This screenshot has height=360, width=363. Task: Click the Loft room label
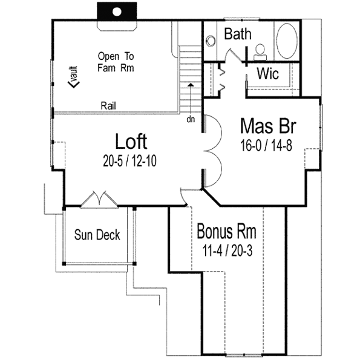point(131,142)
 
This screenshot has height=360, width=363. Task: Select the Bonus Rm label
point(226,232)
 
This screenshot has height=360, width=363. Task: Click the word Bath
point(238,34)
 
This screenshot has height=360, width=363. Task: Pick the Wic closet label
point(267,74)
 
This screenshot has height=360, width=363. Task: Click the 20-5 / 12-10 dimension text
point(131,160)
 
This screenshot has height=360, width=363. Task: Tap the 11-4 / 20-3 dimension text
point(226,249)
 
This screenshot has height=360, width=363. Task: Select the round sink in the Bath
point(211,41)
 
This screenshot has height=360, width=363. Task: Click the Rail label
point(109,106)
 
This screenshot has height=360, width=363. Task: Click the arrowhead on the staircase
point(191,86)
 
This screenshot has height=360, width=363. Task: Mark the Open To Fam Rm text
point(115,62)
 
